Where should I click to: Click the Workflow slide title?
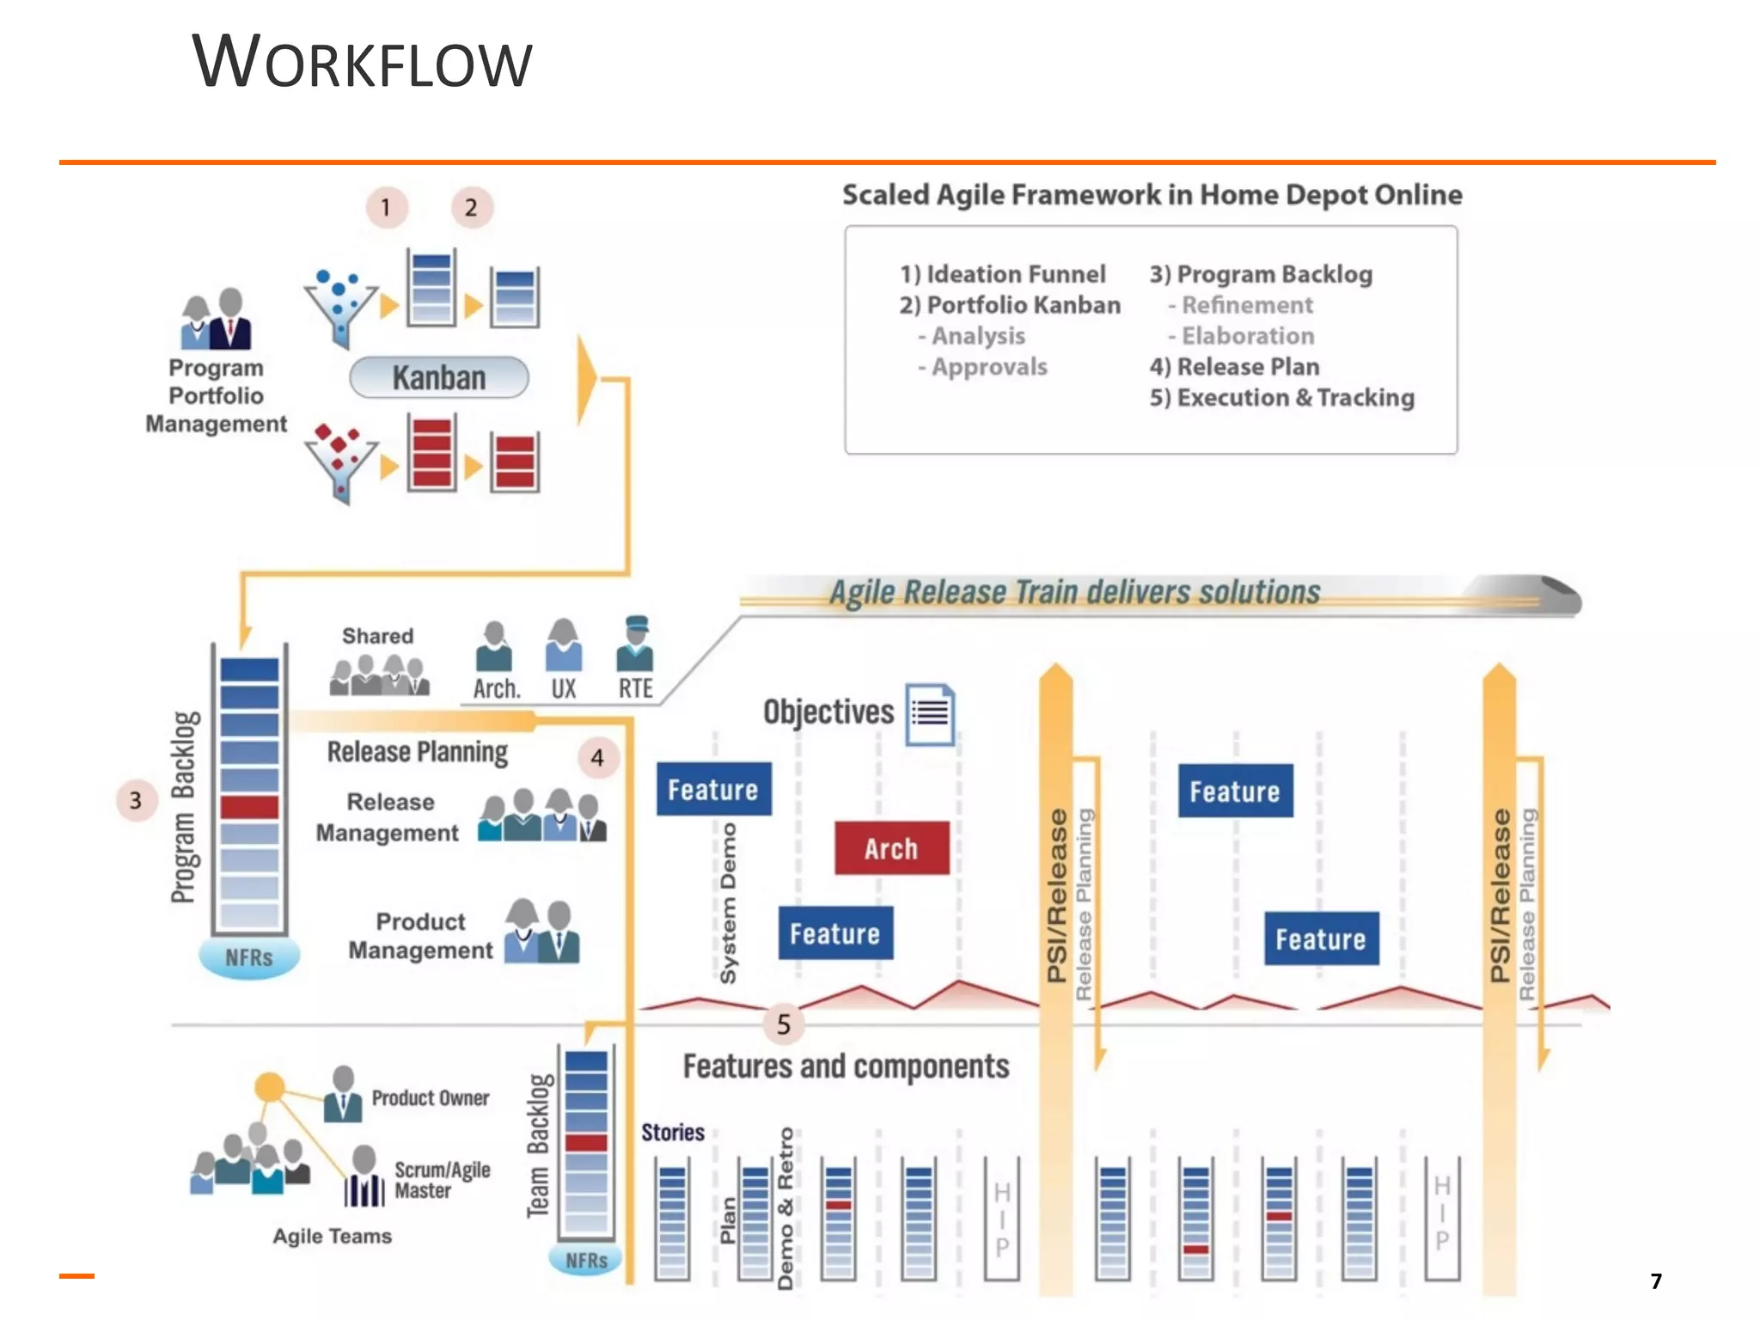click(362, 62)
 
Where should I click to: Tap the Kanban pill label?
click(439, 377)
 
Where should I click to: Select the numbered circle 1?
click(386, 207)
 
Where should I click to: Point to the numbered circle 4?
click(597, 758)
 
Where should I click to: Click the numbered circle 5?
click(783, 1024)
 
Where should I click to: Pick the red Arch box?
click(891, 848)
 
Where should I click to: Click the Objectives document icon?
click(930, 713)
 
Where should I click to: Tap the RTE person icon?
click(635, 645)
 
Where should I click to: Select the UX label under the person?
click(563, 688)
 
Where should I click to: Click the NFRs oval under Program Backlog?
click(249, 957)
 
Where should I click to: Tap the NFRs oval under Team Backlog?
click(586, 1260)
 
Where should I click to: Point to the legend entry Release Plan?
click(1234, 367)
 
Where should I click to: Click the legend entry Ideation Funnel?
click(1003, 274)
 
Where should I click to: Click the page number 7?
click(1656, 1281)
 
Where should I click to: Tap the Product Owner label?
click(431, 1098)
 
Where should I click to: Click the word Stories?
click(672, 1133)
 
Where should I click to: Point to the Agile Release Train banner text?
click(1074, 592)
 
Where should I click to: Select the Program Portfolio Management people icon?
click(217, 319)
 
